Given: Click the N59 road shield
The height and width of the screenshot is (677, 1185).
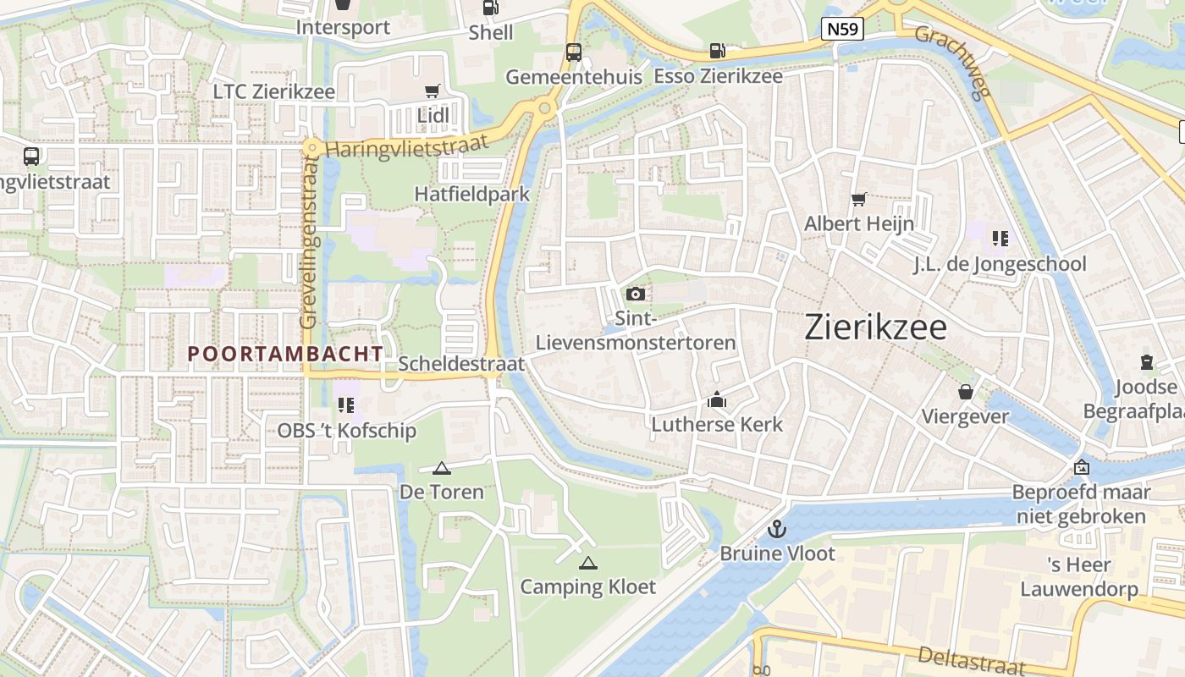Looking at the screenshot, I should click(842, 30).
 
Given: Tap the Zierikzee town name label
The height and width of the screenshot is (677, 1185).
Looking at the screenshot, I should click(875, 327).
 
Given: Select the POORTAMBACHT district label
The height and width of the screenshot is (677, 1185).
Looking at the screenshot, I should click(285, 354).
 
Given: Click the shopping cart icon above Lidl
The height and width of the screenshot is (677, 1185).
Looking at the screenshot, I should click(433, 91).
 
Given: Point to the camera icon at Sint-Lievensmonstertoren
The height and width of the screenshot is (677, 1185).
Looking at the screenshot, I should click(635, 294).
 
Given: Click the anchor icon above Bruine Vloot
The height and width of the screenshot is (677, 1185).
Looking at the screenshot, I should click(776, 529).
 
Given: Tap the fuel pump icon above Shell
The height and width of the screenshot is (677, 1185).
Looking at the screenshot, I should click(490, 8).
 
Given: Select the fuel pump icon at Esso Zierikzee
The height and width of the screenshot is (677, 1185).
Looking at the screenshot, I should click(717, 52).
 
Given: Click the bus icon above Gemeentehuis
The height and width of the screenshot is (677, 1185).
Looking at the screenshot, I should click(573, 52).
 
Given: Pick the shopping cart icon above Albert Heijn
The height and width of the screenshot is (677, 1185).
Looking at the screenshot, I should click(859, 200).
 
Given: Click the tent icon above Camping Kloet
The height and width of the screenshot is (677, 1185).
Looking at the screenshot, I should click(587, 563).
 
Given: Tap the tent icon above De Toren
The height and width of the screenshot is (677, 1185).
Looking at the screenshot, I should click(441, 468).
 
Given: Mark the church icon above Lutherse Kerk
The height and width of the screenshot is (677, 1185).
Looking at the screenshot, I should click(717, 399).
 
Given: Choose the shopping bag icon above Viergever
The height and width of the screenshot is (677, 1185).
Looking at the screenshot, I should click(965, 392).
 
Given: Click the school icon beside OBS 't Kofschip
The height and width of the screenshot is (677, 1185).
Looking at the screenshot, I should click(345, 405).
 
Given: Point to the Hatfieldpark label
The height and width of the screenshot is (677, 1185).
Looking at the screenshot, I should click(471, 194).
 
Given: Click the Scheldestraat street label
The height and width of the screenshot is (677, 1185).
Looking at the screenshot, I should click(461, 364).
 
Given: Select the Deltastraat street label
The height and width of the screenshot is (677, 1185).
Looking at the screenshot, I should click(971, 660).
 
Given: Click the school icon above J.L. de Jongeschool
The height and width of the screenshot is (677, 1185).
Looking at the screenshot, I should click(1000, 239).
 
